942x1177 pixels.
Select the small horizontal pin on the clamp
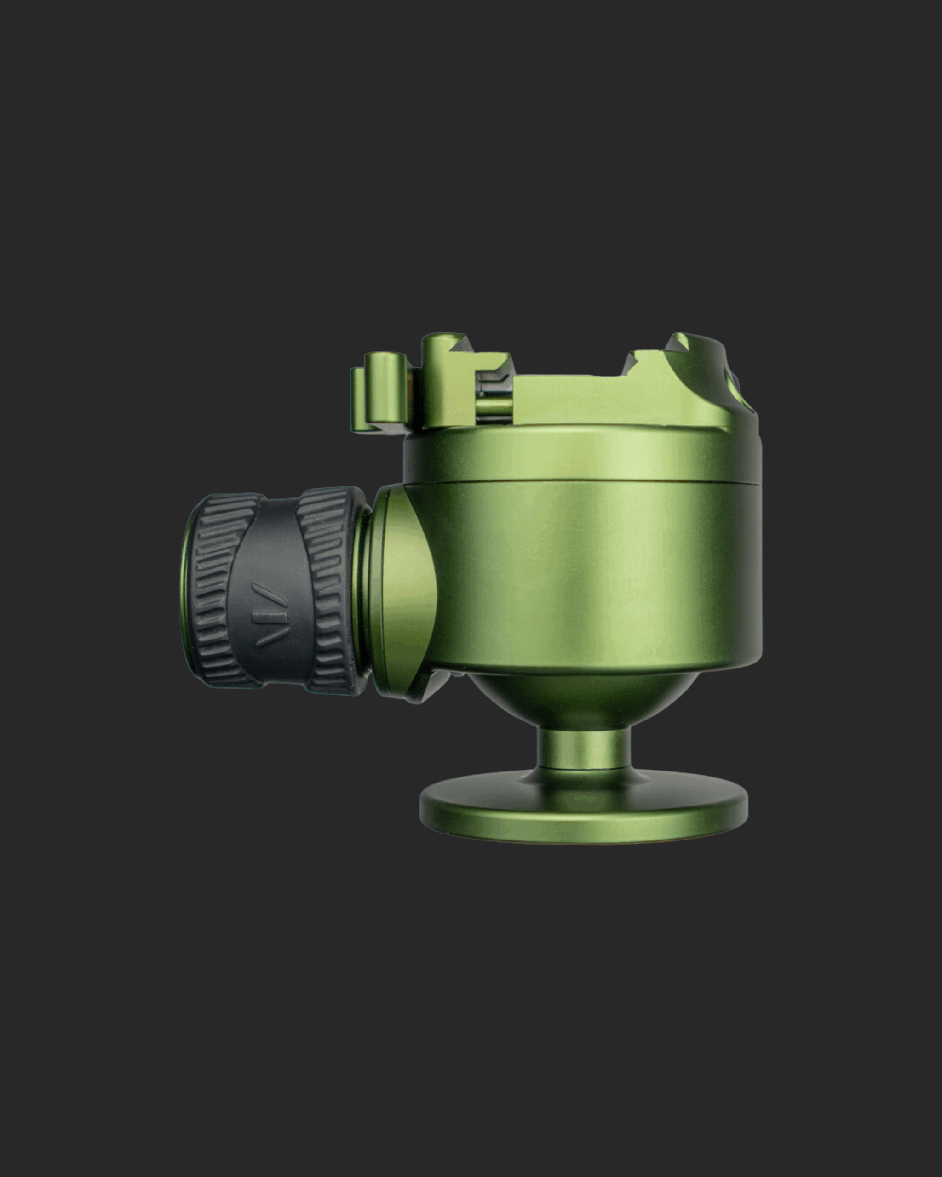[x=494, y=407]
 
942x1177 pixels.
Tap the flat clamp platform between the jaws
[x=568, y=399]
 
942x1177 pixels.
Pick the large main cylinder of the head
[x=590, y=573]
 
